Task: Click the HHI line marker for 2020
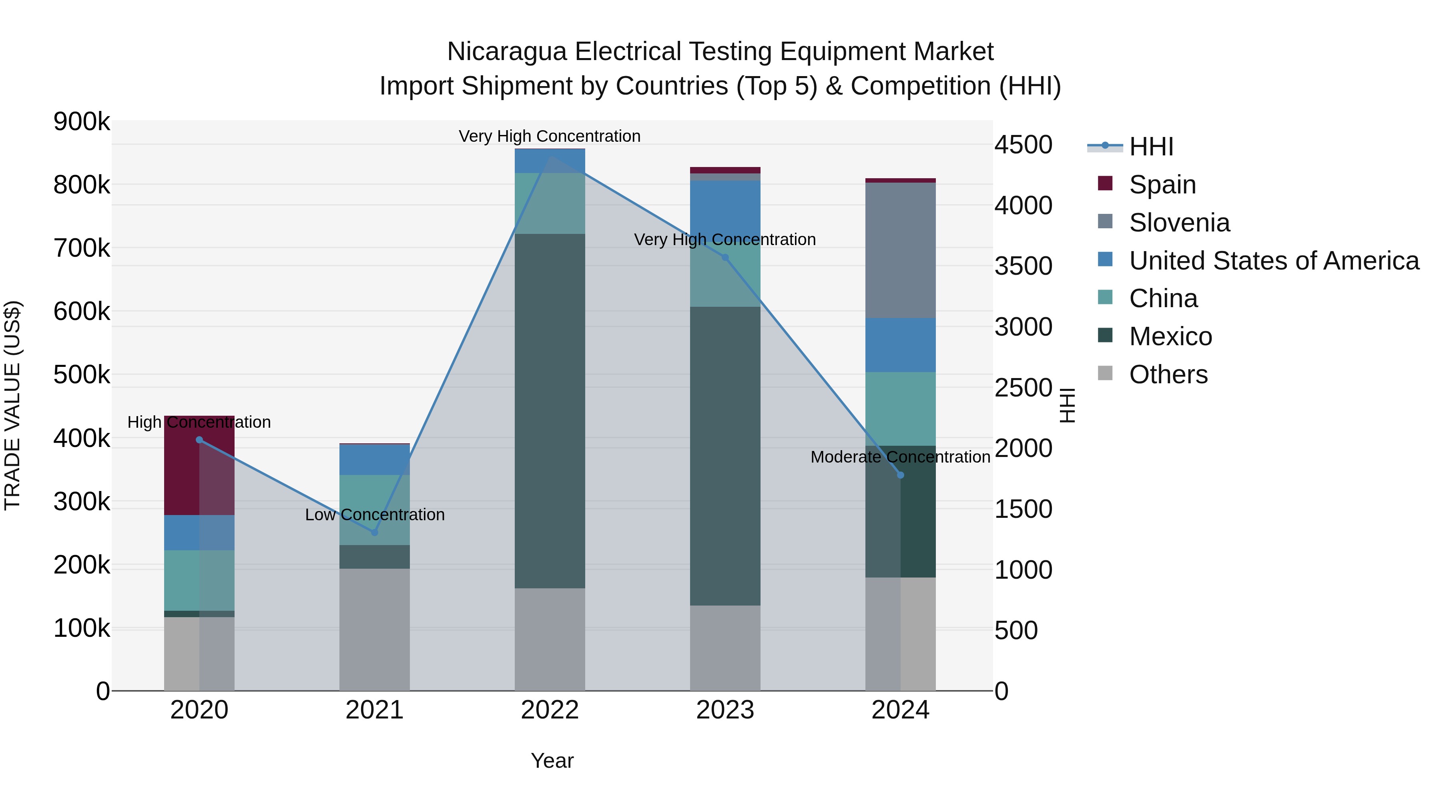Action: (x=199, y=440)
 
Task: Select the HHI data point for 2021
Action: (x=375, y=532)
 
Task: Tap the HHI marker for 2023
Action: (x=725, y=258)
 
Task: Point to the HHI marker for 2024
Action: (x=901, y=475)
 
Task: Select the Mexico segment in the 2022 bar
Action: (x=550, y=411)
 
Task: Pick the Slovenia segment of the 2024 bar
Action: (x=901, y=250)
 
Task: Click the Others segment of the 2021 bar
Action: (x=375, y=630)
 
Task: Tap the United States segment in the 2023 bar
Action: (x=725, y=207)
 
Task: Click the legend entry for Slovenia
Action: (x=1179, y=223)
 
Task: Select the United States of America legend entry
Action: (x=1274, y=261)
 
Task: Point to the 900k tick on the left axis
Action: (x=82, y=121)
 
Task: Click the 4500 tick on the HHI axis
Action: (x=1023, y=145)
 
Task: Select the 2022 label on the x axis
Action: (x=550, y=710)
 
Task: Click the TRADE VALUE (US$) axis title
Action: (x=12, y=405)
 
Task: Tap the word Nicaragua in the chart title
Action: (x=506, y=52)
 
